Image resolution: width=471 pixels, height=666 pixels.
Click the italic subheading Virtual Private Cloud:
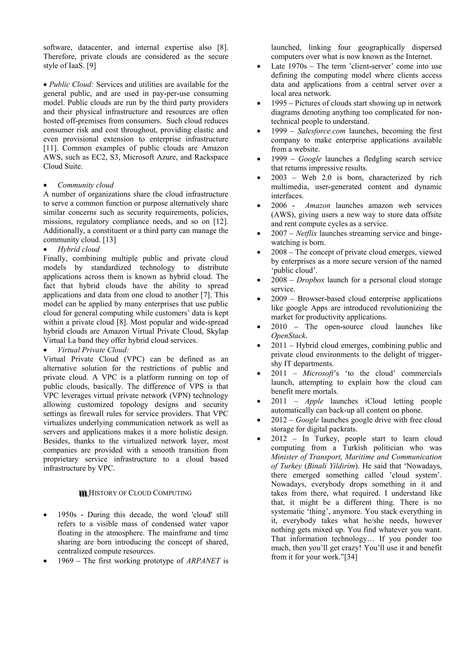pyautogui.click(x=93, y=350)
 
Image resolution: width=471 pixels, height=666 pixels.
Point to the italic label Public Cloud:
pyautogui.click(x=71, y=84)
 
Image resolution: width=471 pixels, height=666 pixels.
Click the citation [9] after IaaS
pyautogui.click(x=91, y=66)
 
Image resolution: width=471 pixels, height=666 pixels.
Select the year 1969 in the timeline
pyautogui.click(x=65, y=560)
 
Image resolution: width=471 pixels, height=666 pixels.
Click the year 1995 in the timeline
pyautogui.click(x=279, y=103)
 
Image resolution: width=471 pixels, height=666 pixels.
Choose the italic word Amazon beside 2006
pyautogui.click(x=318, y=205)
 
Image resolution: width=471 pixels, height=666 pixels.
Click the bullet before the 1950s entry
pyautogui.click(x=45, y=515)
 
